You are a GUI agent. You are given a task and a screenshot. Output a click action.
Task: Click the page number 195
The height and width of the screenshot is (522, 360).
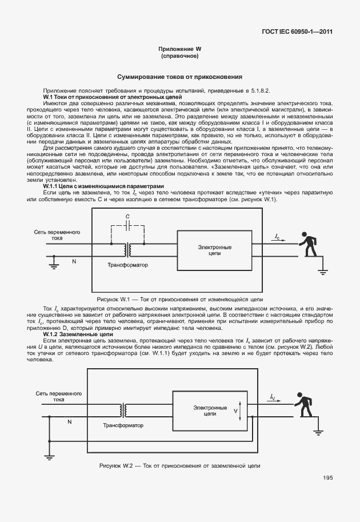point(327,478)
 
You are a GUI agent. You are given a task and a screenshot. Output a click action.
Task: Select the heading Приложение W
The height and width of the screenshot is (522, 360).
point(180,50)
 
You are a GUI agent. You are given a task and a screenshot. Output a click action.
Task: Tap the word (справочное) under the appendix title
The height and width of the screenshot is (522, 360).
point(180,57)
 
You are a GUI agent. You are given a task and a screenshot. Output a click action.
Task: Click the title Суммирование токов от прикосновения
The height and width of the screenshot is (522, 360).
point(180,76)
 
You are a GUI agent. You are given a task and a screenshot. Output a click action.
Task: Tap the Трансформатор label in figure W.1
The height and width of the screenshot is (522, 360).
point(127,265)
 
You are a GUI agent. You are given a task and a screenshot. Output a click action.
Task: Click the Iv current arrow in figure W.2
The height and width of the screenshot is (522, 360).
point(273,399)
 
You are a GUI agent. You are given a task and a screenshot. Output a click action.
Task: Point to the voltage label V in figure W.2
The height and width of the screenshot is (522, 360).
point(235,410)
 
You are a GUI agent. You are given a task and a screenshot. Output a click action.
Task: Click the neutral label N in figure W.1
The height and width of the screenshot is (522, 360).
point(73,261)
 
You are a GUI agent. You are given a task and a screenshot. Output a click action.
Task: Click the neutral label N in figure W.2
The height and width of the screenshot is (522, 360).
point(70,421)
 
